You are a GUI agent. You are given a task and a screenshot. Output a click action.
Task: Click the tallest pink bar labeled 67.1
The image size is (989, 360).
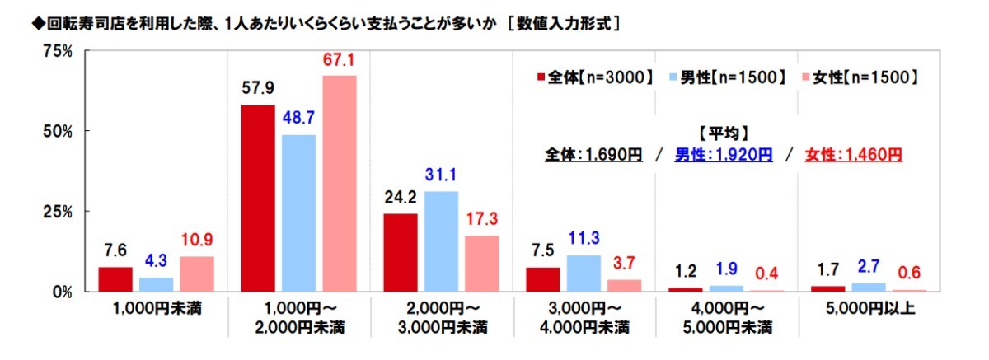340,183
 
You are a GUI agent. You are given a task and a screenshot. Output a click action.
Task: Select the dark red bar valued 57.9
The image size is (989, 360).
257,198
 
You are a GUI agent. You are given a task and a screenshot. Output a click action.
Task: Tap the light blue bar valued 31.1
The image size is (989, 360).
441,241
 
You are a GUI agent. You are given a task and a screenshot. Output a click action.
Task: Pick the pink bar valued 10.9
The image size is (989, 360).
197,274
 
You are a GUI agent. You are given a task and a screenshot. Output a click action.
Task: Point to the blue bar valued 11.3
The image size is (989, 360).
584,273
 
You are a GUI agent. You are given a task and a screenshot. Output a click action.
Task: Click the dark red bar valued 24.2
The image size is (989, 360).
401,252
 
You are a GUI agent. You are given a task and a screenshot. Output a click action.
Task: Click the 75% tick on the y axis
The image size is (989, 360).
58,52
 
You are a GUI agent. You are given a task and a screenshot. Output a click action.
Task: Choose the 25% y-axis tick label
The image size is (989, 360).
58,212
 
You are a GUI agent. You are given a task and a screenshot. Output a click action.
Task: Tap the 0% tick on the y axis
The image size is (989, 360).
63,292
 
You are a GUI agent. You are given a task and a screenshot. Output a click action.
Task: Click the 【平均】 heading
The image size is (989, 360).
723,133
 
